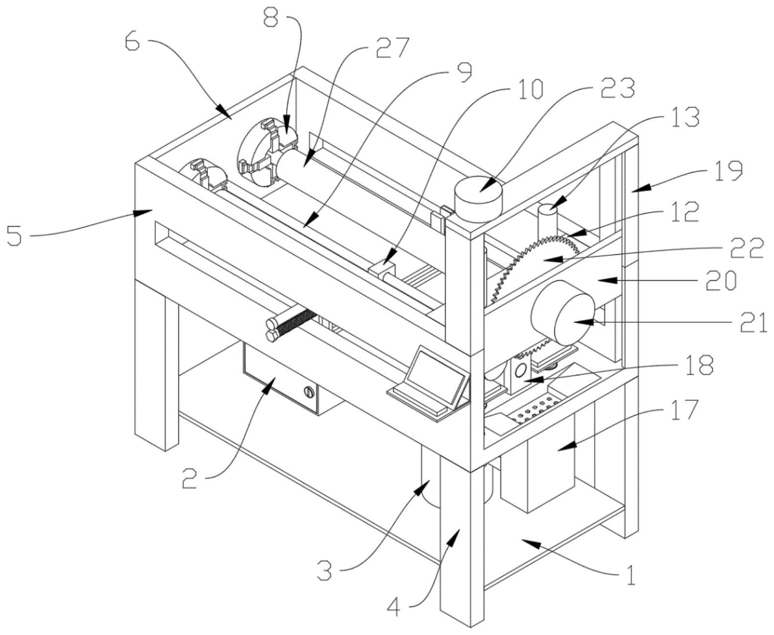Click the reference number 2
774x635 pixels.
point(190,479)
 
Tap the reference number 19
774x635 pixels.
point(728,170)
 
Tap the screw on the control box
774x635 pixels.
point(308,391)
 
